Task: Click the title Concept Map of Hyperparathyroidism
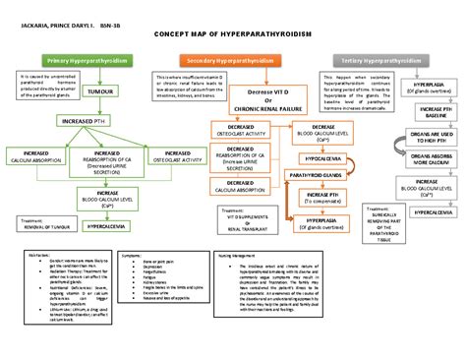pos(232,33)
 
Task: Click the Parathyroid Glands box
pos(319,175)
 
